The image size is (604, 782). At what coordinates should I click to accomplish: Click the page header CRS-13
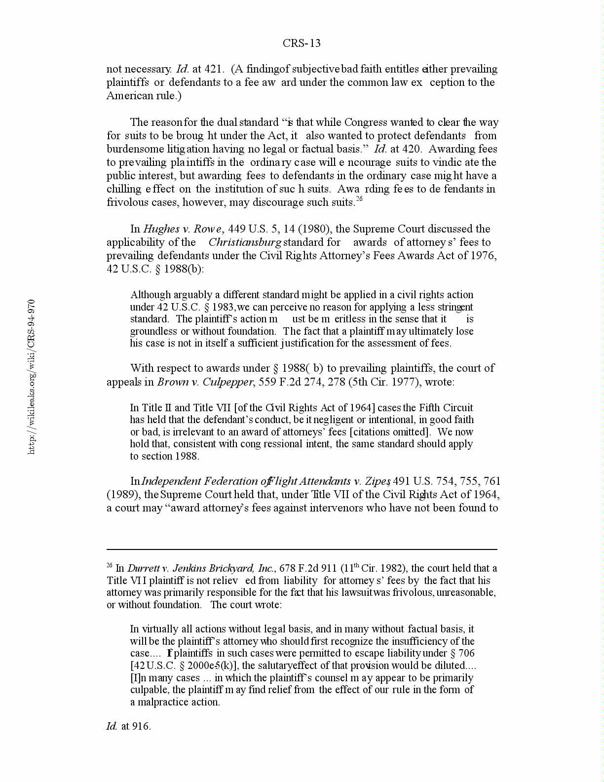coord(302,43)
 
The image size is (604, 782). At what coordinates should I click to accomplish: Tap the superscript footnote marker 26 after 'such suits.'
coord(359,199)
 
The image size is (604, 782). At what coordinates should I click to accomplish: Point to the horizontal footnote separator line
coord(302,549)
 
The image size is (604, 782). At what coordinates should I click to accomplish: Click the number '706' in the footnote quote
coord(466,653)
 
